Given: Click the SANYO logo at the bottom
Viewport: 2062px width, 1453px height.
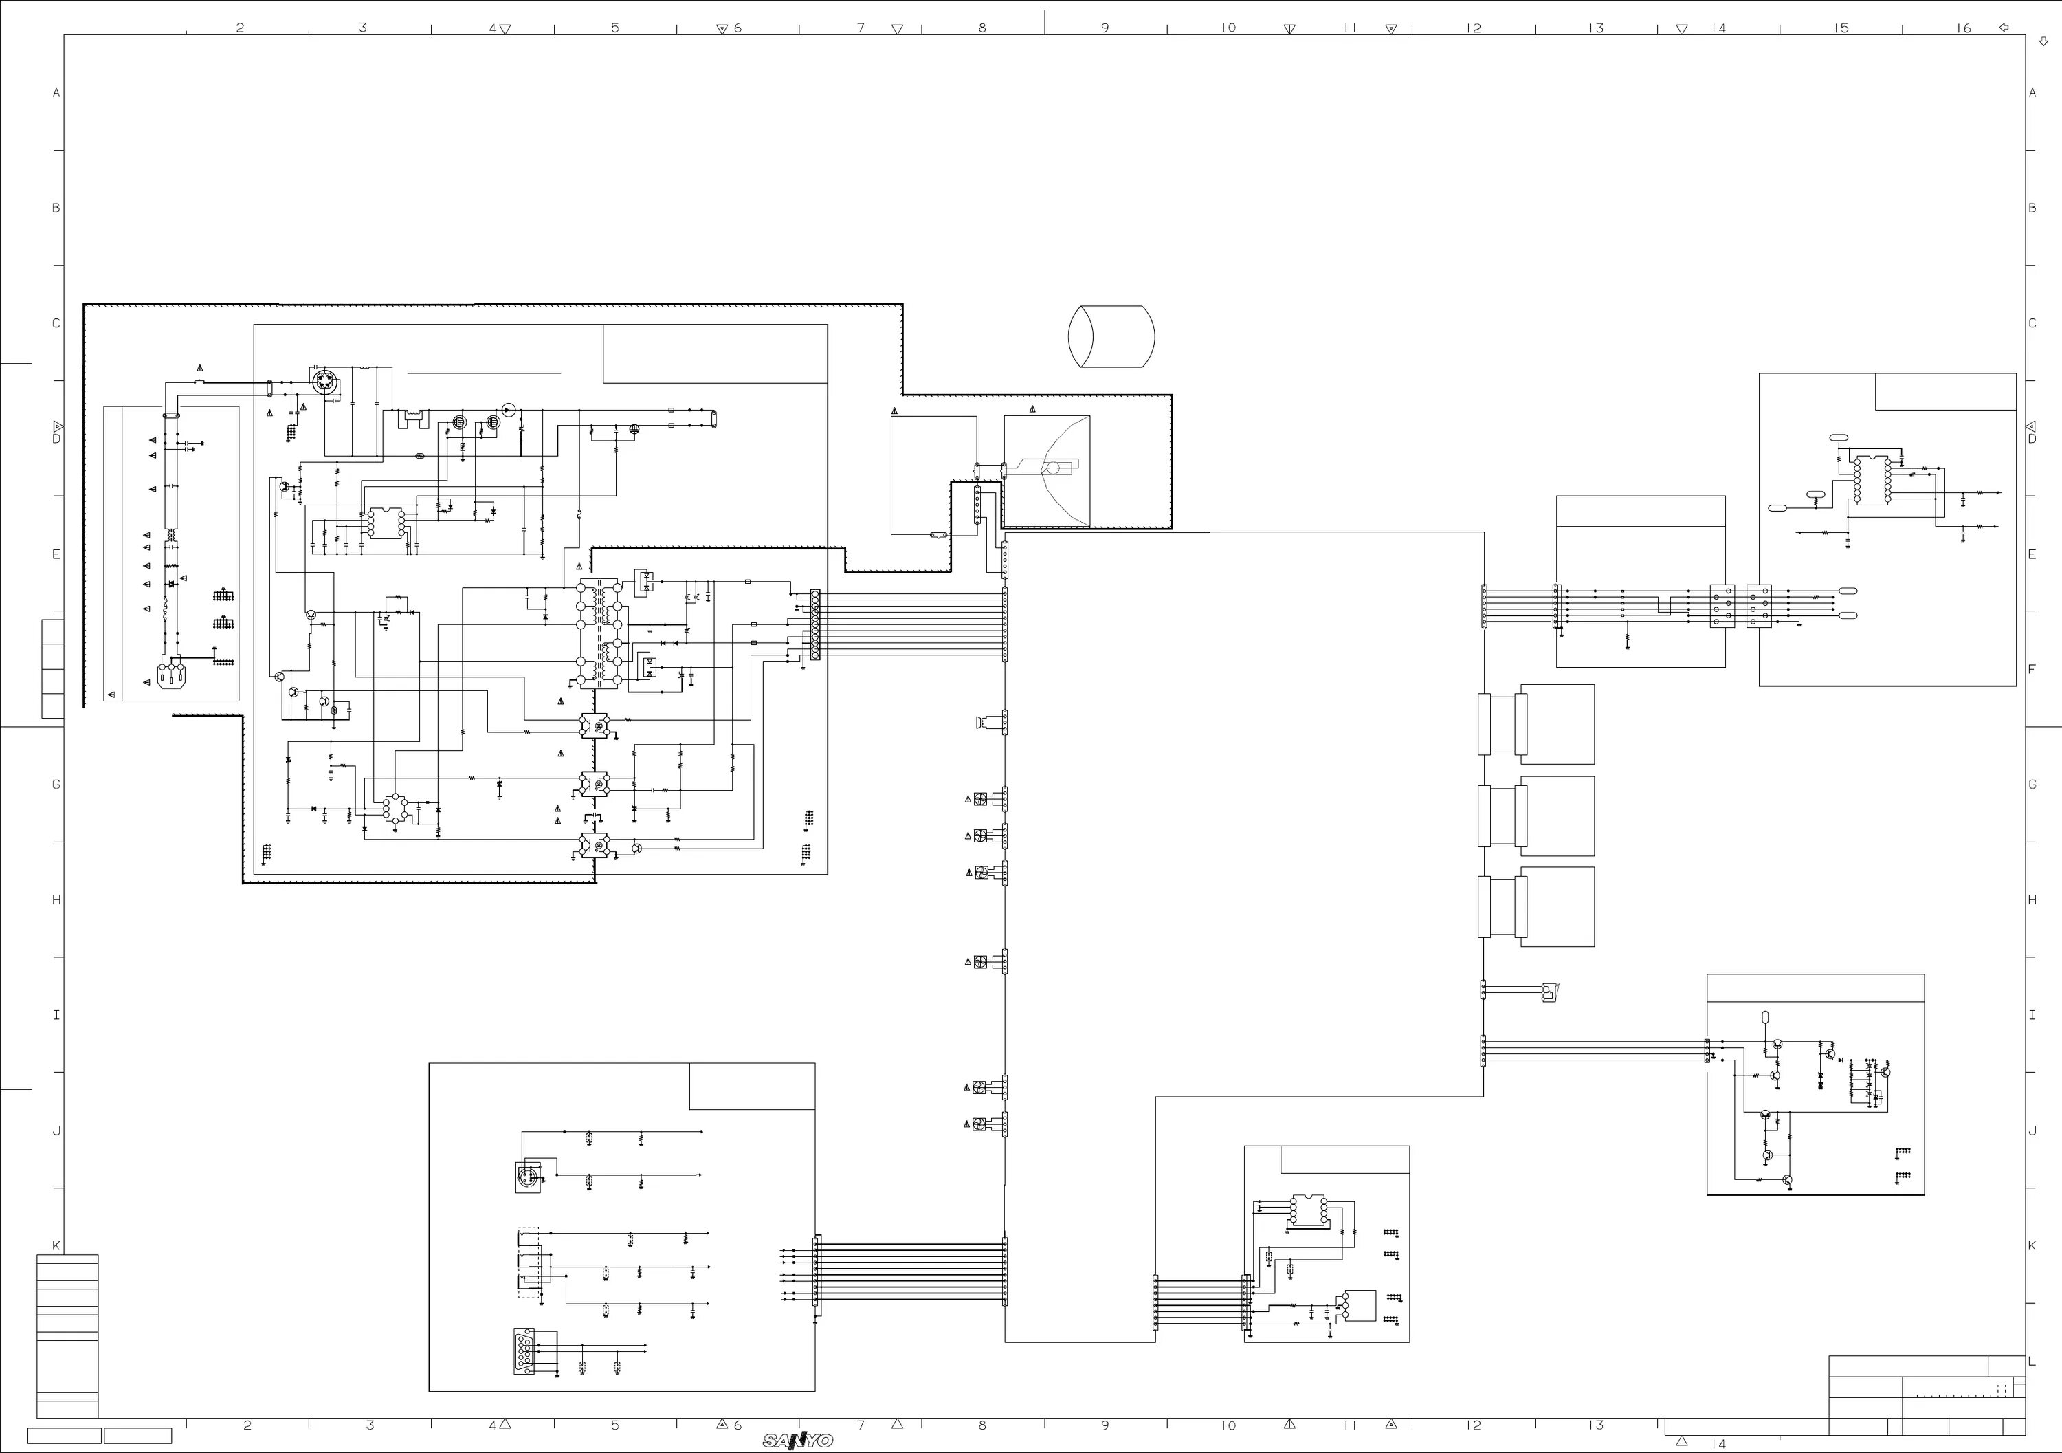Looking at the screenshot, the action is tap(797, 1441).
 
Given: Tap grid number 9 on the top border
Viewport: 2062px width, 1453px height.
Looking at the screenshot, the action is tap(1105, 28).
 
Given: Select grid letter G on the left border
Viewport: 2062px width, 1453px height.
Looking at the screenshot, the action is tap(56, 785).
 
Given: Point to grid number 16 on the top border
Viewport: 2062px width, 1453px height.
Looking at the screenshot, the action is tap(1964, 28).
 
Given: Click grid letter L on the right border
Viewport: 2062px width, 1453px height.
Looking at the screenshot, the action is tap(2032, 1362).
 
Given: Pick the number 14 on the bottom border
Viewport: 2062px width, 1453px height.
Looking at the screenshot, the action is tap(1718, 1444).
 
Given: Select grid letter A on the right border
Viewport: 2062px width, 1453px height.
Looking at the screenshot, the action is tap(2032, 93).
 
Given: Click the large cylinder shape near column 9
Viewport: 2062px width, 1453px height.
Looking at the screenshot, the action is tap(1111, 336).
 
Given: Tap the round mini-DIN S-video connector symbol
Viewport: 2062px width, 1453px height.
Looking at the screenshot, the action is tap(528, 1177).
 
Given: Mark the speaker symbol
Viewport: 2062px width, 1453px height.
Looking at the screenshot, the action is tap(981, 721).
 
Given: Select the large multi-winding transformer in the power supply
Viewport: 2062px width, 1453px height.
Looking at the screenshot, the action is tap(598, 633).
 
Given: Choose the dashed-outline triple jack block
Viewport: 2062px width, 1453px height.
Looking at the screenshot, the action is tap(529, 1263).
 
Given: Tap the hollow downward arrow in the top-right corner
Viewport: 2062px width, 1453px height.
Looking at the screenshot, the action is tap(2044, 41).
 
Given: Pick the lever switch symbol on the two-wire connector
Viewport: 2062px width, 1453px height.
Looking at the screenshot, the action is tap(1549, 992).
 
